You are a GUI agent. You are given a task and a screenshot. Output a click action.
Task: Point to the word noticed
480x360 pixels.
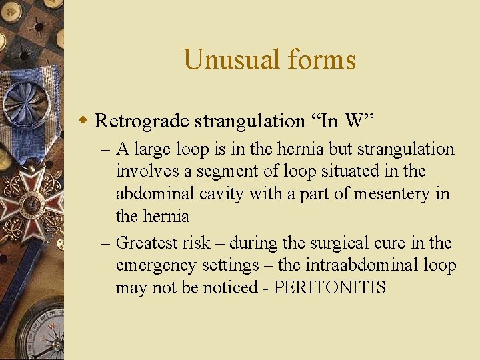[x=245, y=288]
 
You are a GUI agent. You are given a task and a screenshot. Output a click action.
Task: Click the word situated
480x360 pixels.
[x=354, y=171]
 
